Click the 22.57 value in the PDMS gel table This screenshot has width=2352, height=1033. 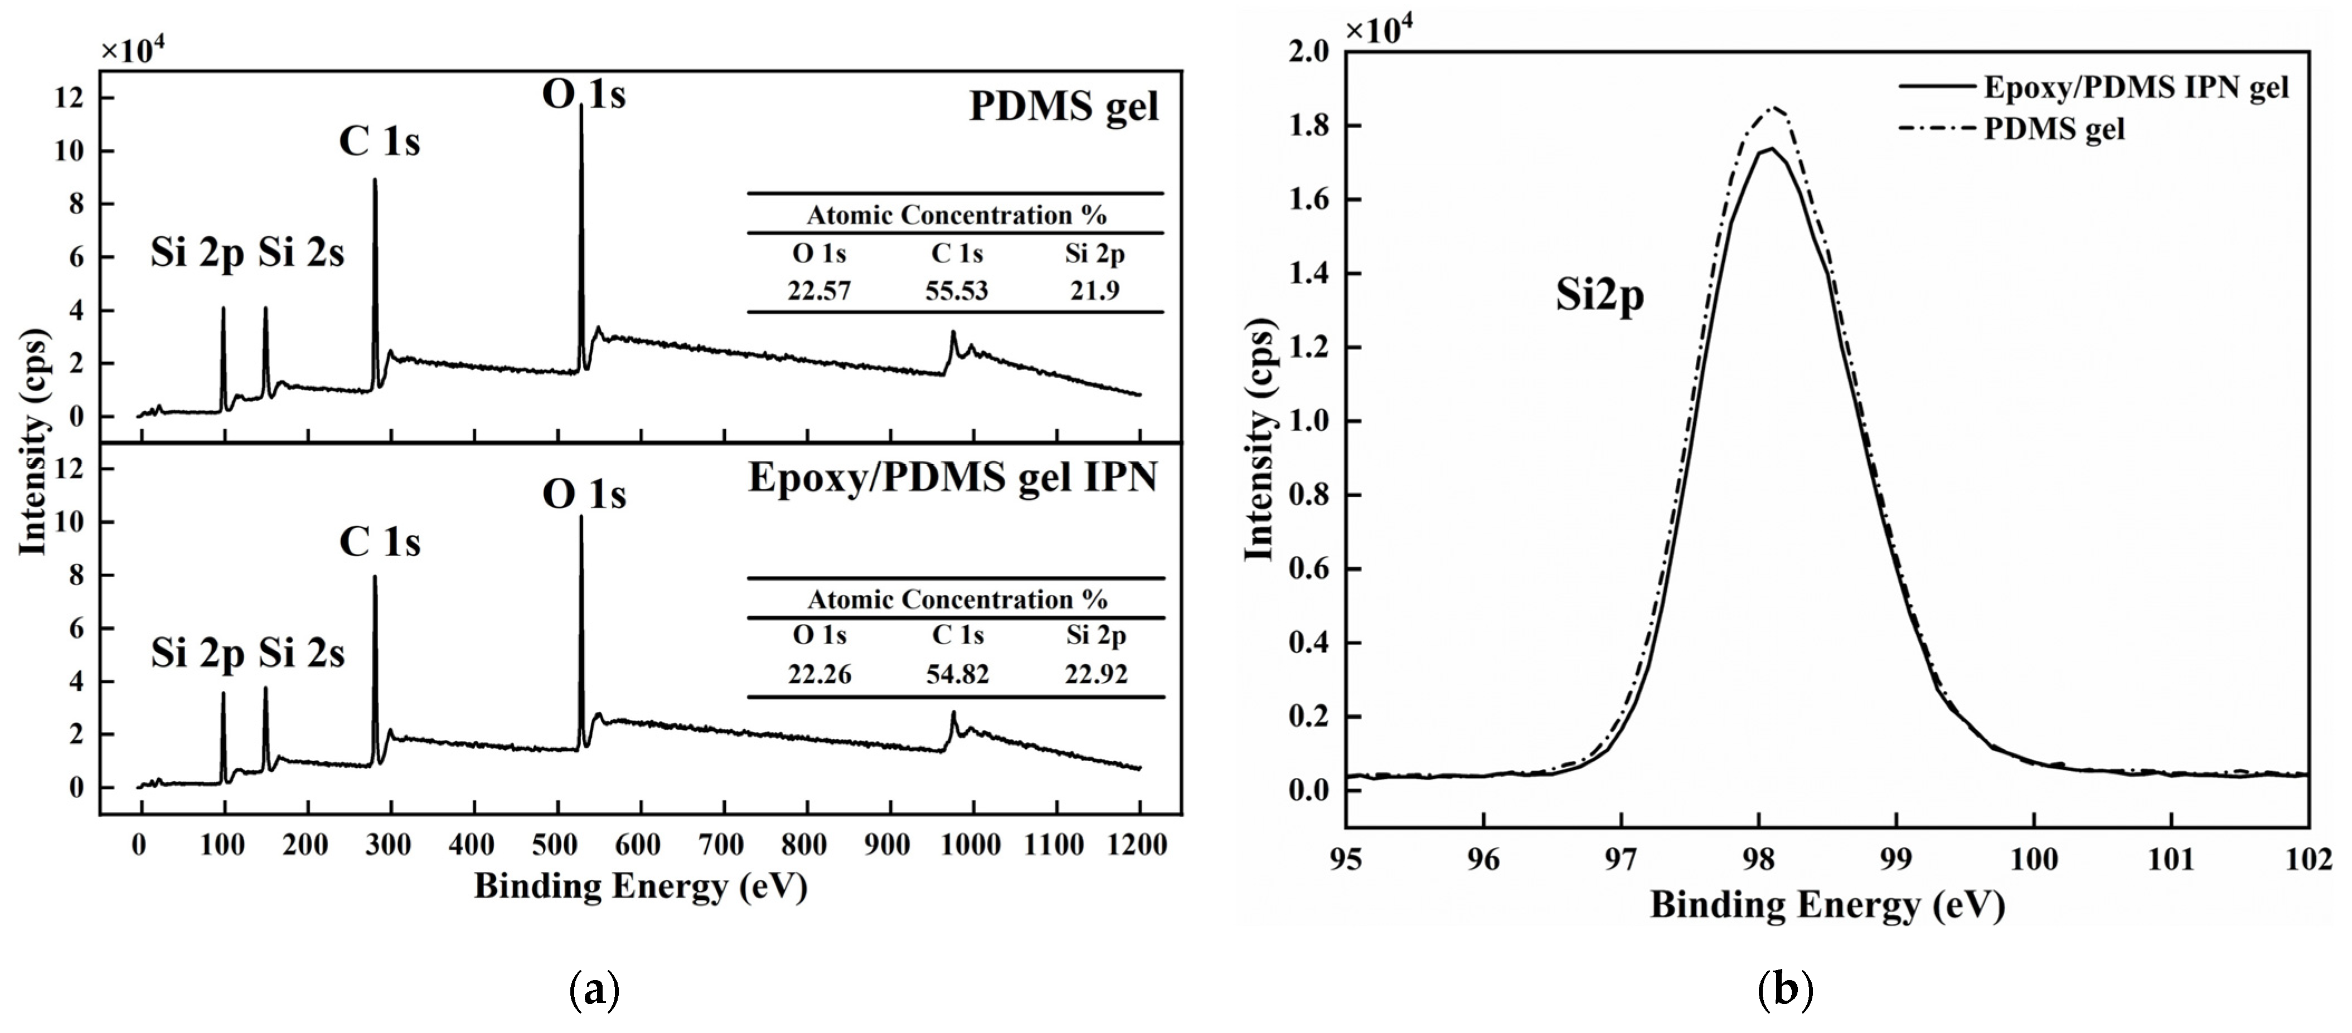click(x=819, y=291)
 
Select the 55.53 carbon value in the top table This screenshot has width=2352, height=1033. click(x=957, y=291)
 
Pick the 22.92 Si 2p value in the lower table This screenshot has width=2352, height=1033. click(x=1095, y=674)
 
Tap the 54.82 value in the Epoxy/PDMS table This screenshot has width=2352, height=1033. click(x=957, y=674)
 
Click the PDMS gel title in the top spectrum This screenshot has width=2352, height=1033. click(x=1064, y=107)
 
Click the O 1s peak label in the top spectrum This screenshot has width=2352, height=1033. click(x=584, y=94)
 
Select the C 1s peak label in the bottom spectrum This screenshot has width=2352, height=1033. click(x=380, y=542)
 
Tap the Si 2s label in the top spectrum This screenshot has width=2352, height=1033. click(x=301, y=254)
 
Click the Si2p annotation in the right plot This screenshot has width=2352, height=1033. click(x=1599, y=296)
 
